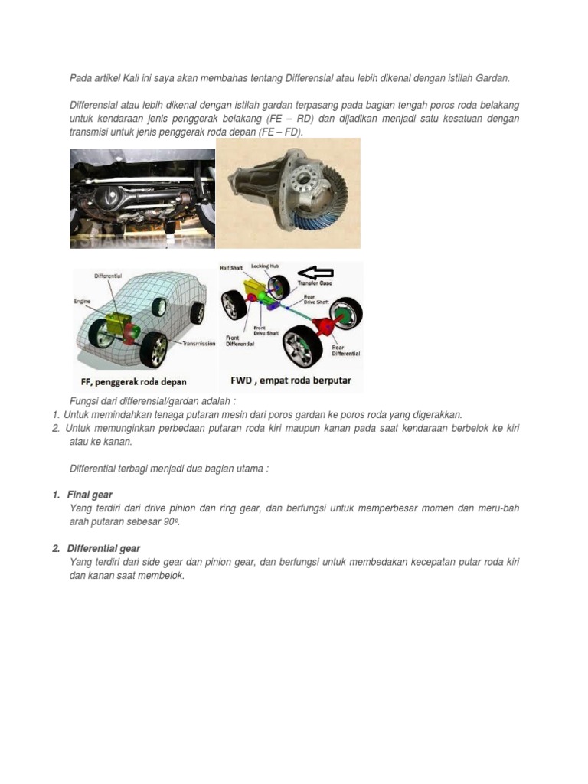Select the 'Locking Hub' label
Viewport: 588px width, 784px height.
tap(265, 266)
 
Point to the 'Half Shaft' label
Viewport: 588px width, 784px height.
tap(231, 267)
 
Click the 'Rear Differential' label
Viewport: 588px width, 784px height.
tap(345, 350)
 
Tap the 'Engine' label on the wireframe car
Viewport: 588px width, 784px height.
tap(82, 301)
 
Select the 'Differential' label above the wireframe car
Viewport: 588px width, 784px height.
tap(108, 275)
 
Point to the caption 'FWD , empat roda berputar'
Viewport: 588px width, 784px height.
tap(290, 380)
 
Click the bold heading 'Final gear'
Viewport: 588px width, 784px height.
tap(90, 495)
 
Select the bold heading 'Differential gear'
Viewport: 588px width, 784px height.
tap(103, 549)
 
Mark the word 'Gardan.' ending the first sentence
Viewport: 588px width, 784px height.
tap(492, 78)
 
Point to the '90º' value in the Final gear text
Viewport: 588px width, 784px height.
tap(178, 521)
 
